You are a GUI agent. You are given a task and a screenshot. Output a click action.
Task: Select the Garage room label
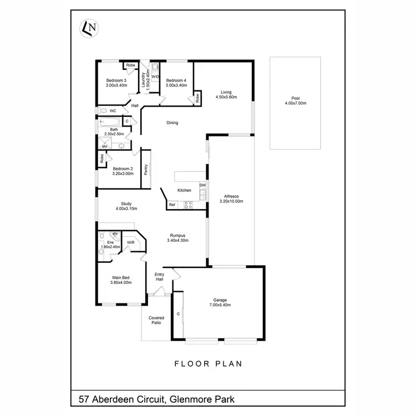pyautogui.click(x=220, y=302)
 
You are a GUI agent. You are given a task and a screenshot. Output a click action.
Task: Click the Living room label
pyautogui.click(x=226, y=95)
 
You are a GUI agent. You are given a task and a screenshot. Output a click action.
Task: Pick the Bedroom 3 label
pyautogui.click(x=116, y=83)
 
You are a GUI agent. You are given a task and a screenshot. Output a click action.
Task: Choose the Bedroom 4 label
pyautogui.click(x=176, y=83)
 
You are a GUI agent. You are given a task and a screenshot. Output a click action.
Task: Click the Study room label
pyautogui.click(x=126, y=206)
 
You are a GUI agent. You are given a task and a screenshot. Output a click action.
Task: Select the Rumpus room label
pyautogui.click(x=178, y=237)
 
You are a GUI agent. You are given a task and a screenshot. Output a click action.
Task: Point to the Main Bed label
pyautogui.click(x=121, y=280)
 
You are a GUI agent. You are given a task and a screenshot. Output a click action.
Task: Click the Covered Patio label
pyautogui.click(x=156, y=320)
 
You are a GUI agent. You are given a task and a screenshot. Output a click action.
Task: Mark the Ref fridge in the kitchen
pyautogui.click(x=172, y=205)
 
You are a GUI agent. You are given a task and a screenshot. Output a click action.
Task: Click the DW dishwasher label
pyautogui.click(x=203, y=185)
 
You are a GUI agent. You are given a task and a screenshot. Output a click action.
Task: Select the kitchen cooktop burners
pyautogui.click(x=188, y=205)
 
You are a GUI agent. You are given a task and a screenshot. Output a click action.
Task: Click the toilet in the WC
pyautogui.click(x=103, y=111)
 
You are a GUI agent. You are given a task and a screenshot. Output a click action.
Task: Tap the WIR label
pyautogui.click(x=131, y=242)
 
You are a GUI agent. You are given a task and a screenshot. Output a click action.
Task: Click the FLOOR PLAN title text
pyautogui.click(x=208, y=364)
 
